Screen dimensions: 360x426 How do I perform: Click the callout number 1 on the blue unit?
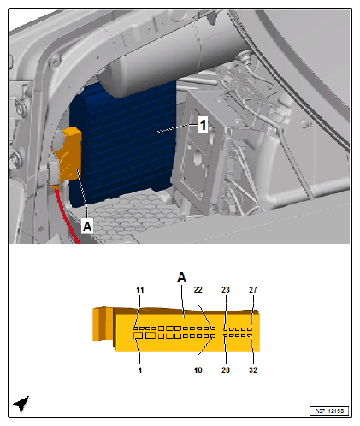tap(203, 125)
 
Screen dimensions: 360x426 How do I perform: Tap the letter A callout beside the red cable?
tap(87, 226)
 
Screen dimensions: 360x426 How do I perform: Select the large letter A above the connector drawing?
tap(181, 277)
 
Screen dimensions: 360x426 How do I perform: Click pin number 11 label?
tap(139, 290)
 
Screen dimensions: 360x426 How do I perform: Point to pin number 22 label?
tap(198, 290)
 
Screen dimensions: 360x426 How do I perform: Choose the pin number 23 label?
tap(226, 290)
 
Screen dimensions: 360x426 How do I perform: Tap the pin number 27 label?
tap(253, 290)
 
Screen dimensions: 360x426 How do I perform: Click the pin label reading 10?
tap(198, 370)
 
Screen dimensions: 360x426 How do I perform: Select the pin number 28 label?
tap(226, 370)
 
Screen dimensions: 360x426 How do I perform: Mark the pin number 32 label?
tap(253, 370)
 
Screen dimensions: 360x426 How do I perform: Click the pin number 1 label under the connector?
tap(139, 370)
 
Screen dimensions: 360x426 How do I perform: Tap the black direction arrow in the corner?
tap(21, 403)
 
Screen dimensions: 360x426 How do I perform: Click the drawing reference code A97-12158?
tap(329, 411)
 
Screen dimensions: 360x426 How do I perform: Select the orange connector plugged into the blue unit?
tap(67, 157)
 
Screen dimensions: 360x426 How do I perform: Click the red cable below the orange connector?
tap(67, 216)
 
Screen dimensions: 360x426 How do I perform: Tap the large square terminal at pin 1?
tap(138, 335)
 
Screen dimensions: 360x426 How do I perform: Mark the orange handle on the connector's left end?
tap(103, 324)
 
